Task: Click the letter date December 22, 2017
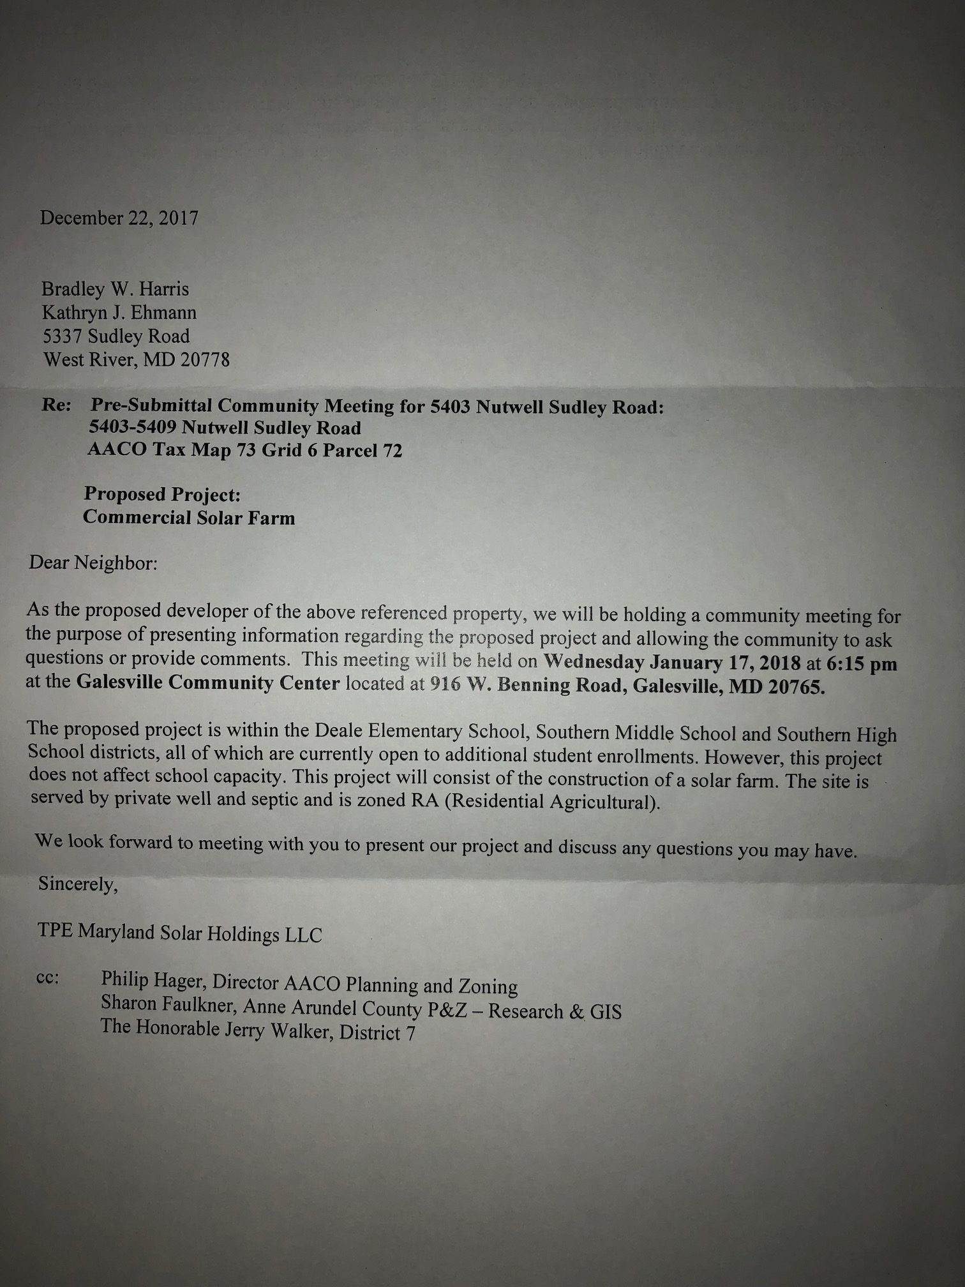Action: click(x=119, y=218)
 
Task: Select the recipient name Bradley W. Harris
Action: click(x=115, y=289)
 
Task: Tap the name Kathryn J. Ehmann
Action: click(x=119, y=313)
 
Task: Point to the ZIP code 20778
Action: click(x=204, y=360)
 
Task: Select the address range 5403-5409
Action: click(x=132, y=428)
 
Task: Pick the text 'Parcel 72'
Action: click(x=362, y=451)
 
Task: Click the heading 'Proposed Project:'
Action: click(x=162, y=495)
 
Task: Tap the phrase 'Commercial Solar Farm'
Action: click(x=189, y=518)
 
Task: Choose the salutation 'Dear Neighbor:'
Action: click(x=93, y=564)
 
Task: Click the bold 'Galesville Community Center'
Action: click(x=208, y=683)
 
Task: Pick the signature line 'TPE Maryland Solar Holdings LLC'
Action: click(x=180, y=933)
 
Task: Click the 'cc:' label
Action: click(x=49, y=979)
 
